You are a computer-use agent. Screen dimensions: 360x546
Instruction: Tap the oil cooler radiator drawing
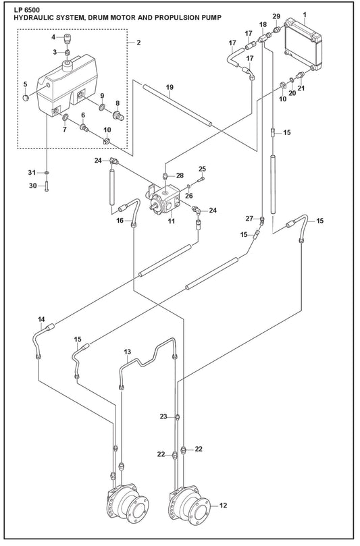coord(303,45)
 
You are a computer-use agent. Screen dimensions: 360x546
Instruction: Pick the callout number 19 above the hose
coord(170,87)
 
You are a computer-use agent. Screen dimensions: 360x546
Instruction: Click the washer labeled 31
coord(47,173)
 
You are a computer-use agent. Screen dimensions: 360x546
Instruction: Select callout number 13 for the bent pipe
coord(127,352)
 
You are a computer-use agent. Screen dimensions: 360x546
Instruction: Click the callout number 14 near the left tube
coord(41,319)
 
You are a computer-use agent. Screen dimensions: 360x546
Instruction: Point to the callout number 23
coord(163,416)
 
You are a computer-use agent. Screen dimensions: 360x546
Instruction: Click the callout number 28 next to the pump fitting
coord(180,175)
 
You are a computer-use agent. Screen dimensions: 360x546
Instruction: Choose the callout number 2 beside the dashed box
coord(138,43)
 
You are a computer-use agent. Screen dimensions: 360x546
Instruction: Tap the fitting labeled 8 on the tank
coord(119,115)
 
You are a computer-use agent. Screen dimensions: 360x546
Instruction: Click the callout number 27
coord(249,218)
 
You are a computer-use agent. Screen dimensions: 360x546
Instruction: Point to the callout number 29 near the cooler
coord(276,16)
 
